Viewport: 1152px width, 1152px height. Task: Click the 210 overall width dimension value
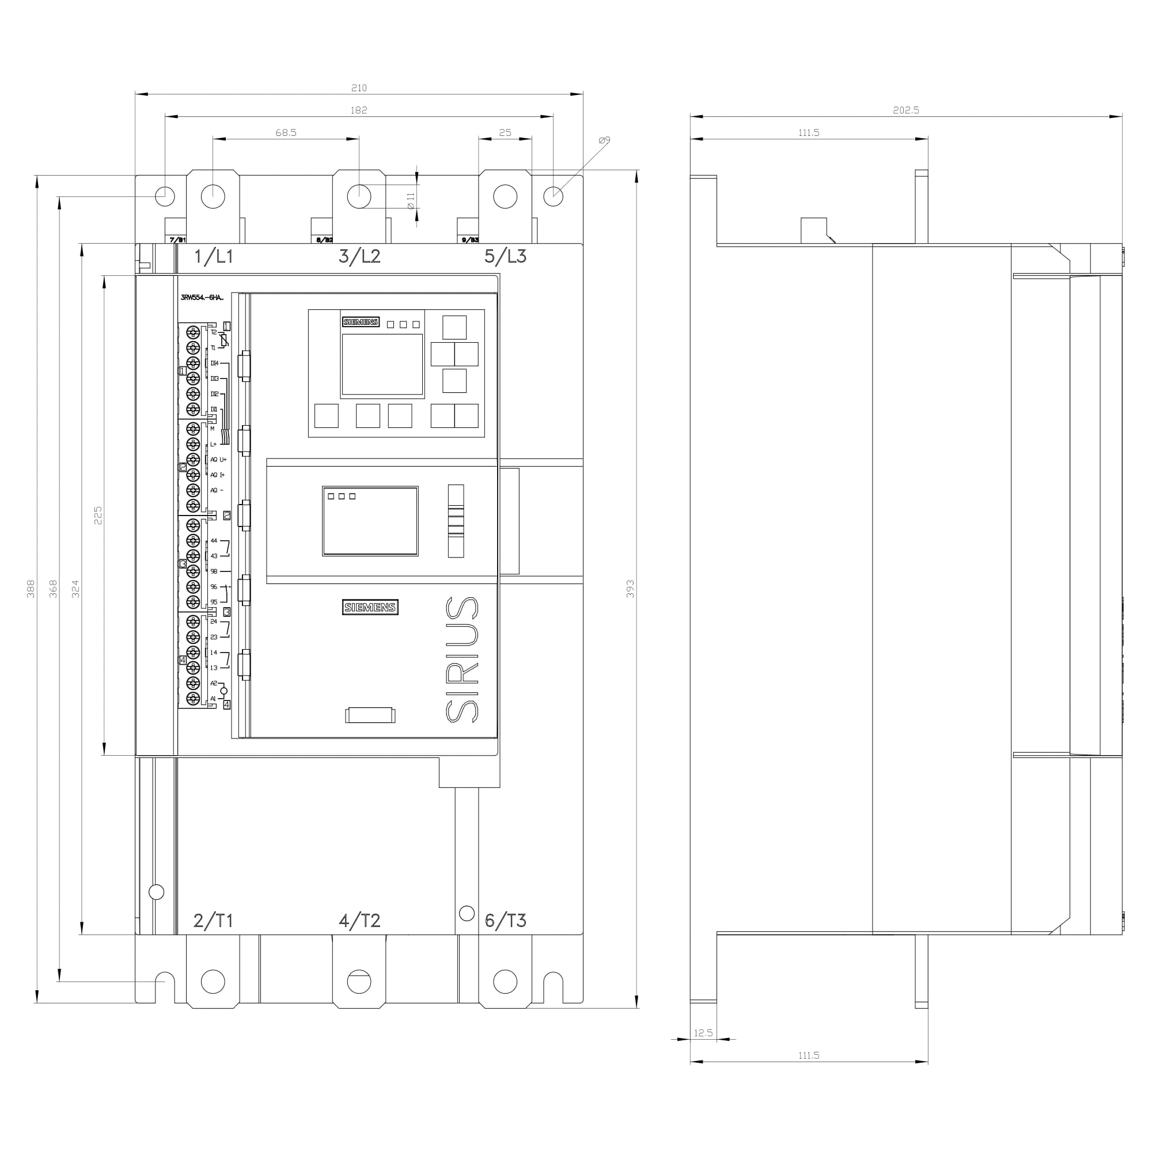[358, 88]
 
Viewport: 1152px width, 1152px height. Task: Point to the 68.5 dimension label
[286, 132]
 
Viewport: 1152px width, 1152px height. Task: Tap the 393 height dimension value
[630, 589]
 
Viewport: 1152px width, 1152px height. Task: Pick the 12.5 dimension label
[703, 1033]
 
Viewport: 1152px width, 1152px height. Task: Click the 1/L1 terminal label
[214, 256]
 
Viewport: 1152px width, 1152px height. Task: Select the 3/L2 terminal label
[359, 256]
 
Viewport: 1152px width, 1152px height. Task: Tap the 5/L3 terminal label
[505, 256]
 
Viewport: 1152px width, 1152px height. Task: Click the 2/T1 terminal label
[213, 920]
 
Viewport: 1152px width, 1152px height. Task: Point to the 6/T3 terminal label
[505, 920]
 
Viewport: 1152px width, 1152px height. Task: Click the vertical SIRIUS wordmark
[462, 660]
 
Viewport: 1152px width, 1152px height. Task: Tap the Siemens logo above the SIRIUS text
[370, 607]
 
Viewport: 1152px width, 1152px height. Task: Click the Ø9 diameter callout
[604, 140]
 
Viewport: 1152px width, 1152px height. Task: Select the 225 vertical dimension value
[98, 515]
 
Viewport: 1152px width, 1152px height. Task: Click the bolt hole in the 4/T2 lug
[359, 982]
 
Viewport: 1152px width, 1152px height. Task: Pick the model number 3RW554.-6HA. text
[202, 298]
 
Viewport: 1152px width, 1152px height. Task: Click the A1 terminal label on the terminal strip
[213, 699]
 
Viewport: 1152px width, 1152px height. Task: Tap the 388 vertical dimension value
[31, 589]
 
